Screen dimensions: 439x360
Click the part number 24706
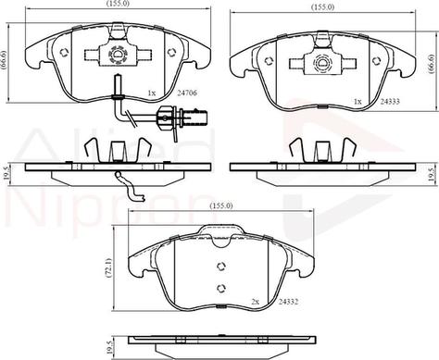click(186, 93)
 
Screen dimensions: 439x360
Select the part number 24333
click(390, 101)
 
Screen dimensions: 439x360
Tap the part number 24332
click(288, 302)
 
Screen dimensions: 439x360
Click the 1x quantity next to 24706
click(151, 93)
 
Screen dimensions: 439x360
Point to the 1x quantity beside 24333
click(357, 102)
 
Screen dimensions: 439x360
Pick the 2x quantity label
click(255, 302)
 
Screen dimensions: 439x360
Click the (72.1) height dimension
click(109, 268)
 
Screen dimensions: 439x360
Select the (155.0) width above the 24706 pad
click(118, 4)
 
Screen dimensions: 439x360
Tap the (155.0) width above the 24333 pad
click(323, 7)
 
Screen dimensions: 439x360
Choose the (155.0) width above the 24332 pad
click(220, 205)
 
